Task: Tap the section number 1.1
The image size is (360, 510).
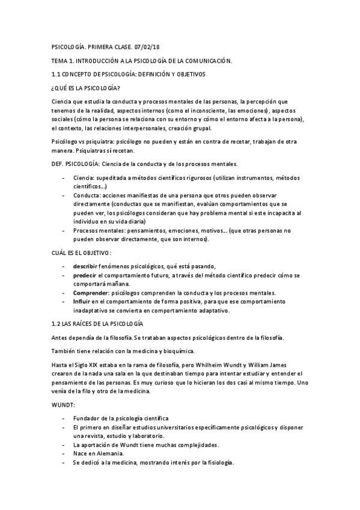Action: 58,75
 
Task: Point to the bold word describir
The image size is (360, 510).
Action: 85,266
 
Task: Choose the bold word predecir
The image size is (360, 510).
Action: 84,275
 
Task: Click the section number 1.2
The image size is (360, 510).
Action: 58,324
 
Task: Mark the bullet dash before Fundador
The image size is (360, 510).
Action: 64,418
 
